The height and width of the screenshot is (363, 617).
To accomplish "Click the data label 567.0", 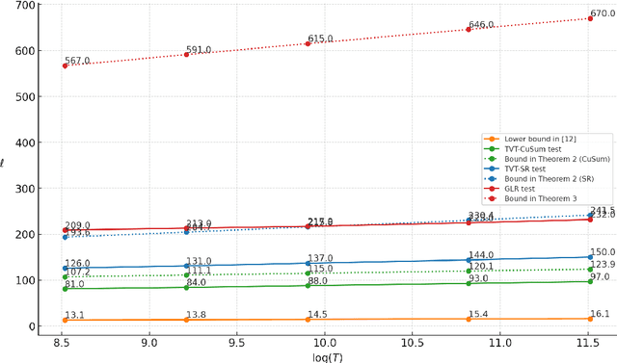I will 77,61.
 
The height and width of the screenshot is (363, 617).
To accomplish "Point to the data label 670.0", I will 603,13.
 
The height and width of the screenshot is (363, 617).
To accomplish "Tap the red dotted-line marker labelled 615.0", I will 308,43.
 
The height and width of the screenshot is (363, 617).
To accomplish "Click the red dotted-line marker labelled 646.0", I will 469,29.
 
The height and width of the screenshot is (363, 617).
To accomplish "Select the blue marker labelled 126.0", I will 65,269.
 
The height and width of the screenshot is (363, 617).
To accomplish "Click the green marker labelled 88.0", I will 308,286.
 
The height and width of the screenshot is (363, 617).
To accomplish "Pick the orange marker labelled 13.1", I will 65,320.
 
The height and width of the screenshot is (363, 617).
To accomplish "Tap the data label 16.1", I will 602,314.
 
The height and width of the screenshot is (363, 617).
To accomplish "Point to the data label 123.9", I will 603,265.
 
